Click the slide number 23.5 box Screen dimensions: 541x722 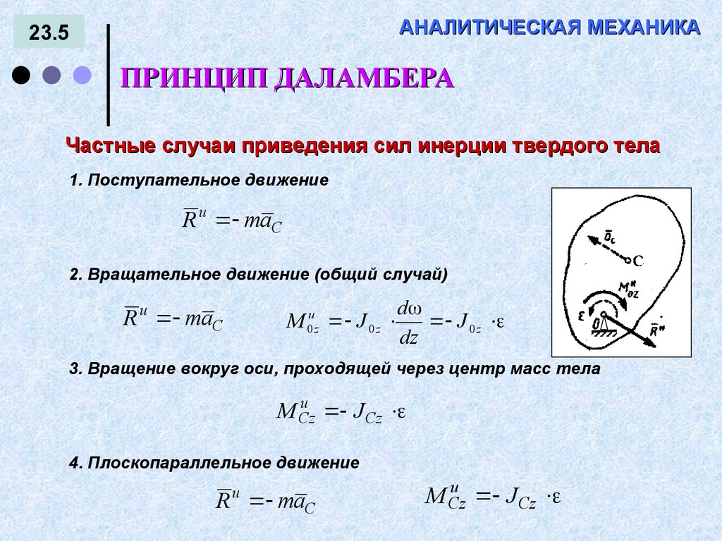coord(49,32)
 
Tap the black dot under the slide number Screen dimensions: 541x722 coord(22,75)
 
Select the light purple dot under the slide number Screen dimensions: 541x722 coord(83,75)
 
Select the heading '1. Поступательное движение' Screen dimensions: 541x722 coord(200,180)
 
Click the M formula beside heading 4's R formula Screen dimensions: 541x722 coord(492,497)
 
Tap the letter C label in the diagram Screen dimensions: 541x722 coord(638,261)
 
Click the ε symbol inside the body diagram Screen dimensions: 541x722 coord(581,316)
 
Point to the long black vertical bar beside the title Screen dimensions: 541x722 coord(108,75)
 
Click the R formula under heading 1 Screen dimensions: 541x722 coord(232,220)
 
